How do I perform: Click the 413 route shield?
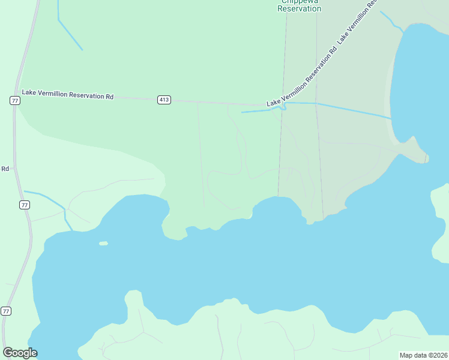164,100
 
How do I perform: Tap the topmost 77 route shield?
15,100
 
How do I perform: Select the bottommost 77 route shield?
6,311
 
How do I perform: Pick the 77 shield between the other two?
24,205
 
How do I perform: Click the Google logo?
20,353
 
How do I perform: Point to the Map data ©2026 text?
423,355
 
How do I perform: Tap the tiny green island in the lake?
103,244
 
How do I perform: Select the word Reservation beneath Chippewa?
300,9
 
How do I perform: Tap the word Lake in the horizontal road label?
29,92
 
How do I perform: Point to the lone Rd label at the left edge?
5,169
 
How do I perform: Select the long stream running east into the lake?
354,110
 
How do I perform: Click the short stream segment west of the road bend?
253,111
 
